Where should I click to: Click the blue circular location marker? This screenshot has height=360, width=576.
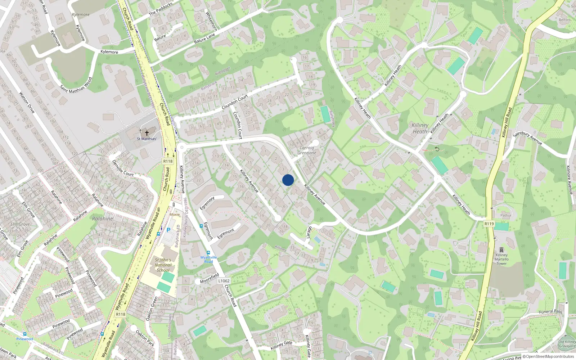point(288,180)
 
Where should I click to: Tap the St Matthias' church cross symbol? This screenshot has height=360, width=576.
point(147,133)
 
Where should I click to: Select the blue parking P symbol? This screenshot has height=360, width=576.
point(168,230)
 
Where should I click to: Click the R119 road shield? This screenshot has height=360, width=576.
point(489,224)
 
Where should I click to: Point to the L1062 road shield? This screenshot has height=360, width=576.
point(224,281)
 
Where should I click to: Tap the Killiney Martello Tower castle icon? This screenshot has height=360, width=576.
point(501,249)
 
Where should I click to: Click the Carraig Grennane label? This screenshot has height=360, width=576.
point(307,150)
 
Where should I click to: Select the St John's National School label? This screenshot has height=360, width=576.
point(163,265)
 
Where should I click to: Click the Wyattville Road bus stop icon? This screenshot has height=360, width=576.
point(208,253)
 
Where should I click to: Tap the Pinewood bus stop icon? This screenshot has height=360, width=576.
point(24,334)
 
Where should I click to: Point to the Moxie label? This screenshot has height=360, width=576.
point(175,215)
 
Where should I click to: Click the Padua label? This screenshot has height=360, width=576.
point(505,215)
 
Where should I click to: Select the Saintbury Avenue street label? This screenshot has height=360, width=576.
point(527,138)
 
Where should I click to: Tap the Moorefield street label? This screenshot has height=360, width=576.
point(209,278)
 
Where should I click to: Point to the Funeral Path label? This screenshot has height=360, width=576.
point(550,311)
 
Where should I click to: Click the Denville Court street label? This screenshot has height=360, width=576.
point(123,168)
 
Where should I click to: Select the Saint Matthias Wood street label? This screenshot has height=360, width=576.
point(76,85)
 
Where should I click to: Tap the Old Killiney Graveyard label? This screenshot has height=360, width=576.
point(567,344)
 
